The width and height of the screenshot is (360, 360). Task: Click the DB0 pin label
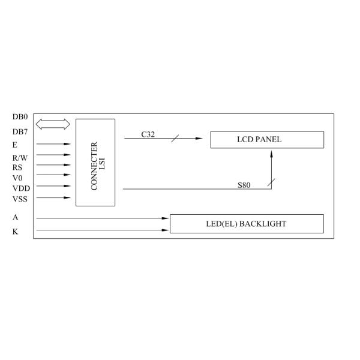click(20, 117)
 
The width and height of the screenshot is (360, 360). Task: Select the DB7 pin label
click(20, 131)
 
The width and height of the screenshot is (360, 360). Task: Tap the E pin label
click(15, 145)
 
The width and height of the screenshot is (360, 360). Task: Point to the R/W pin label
click(20, 157)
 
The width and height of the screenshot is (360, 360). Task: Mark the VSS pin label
click(19, 197)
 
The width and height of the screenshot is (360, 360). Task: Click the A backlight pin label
click(15, 218)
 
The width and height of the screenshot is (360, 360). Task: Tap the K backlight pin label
click(15, 231)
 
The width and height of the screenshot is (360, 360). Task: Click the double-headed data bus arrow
click(53, 124)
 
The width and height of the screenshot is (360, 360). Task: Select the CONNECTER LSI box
click(95, 162)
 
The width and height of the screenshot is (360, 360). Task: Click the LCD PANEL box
click(267, 139)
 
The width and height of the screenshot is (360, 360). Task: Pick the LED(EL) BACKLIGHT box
click(247, 224)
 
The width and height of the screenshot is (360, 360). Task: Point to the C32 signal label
click(148, 134)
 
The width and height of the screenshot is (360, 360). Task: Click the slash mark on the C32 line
click(175, 139)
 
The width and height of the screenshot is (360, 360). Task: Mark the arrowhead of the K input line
click(166, 230)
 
